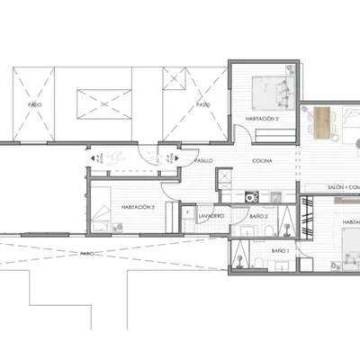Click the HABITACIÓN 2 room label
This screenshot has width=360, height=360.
(262, 119)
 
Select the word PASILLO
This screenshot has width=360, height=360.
(204, 160)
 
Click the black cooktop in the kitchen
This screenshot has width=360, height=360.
(253, 194)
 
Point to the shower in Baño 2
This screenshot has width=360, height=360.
(285, 221)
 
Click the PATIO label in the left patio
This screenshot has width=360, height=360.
(35, 104)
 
